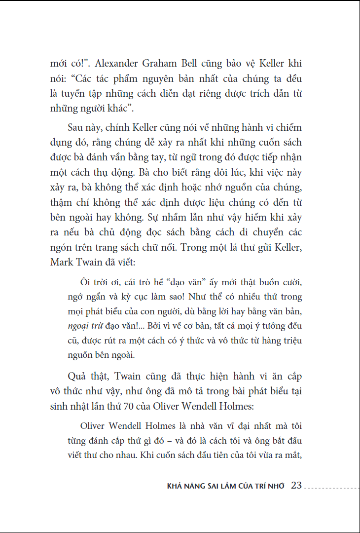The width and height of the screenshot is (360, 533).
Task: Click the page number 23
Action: (x=296, y=485)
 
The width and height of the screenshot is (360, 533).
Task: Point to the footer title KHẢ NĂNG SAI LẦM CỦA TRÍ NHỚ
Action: (x=226, y=486)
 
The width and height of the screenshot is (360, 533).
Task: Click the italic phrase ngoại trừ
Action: (x=83, y=326)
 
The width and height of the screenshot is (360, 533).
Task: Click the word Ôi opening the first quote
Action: (x=85, y=282)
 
